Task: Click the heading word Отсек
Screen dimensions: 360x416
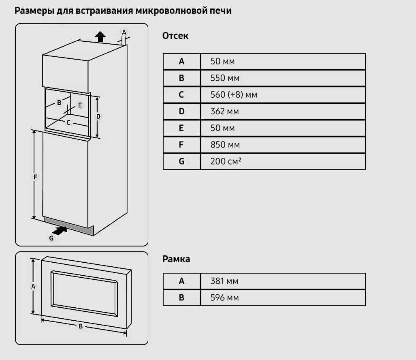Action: click(175, 36)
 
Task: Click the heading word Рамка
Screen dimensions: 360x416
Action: click(176, 259)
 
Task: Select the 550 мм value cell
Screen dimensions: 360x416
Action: click(225, 78)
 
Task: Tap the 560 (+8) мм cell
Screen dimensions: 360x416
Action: click(234, 95)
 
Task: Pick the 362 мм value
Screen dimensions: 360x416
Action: click(225, 111)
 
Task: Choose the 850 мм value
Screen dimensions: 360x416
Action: click(225, 145)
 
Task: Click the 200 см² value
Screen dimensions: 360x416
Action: click(226, 161)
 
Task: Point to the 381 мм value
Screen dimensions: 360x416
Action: click(224, 281)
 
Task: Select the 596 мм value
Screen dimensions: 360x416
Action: click(224, 298)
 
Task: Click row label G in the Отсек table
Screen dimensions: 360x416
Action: click(181, 161)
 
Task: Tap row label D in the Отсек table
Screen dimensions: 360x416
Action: click(181, 111)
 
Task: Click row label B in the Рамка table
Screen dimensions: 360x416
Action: click(181, 298)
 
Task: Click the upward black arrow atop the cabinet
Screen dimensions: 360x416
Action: click(100, 37)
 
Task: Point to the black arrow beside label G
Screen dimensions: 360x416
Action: click(60, 231)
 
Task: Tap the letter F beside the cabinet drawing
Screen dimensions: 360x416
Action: click(35, 177)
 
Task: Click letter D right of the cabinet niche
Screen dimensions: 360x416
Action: click(98, 116)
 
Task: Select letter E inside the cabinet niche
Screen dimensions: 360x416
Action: click(80, 105)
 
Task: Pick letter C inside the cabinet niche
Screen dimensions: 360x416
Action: click(68, 122)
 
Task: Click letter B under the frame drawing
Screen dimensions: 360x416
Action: click(81, 326)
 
